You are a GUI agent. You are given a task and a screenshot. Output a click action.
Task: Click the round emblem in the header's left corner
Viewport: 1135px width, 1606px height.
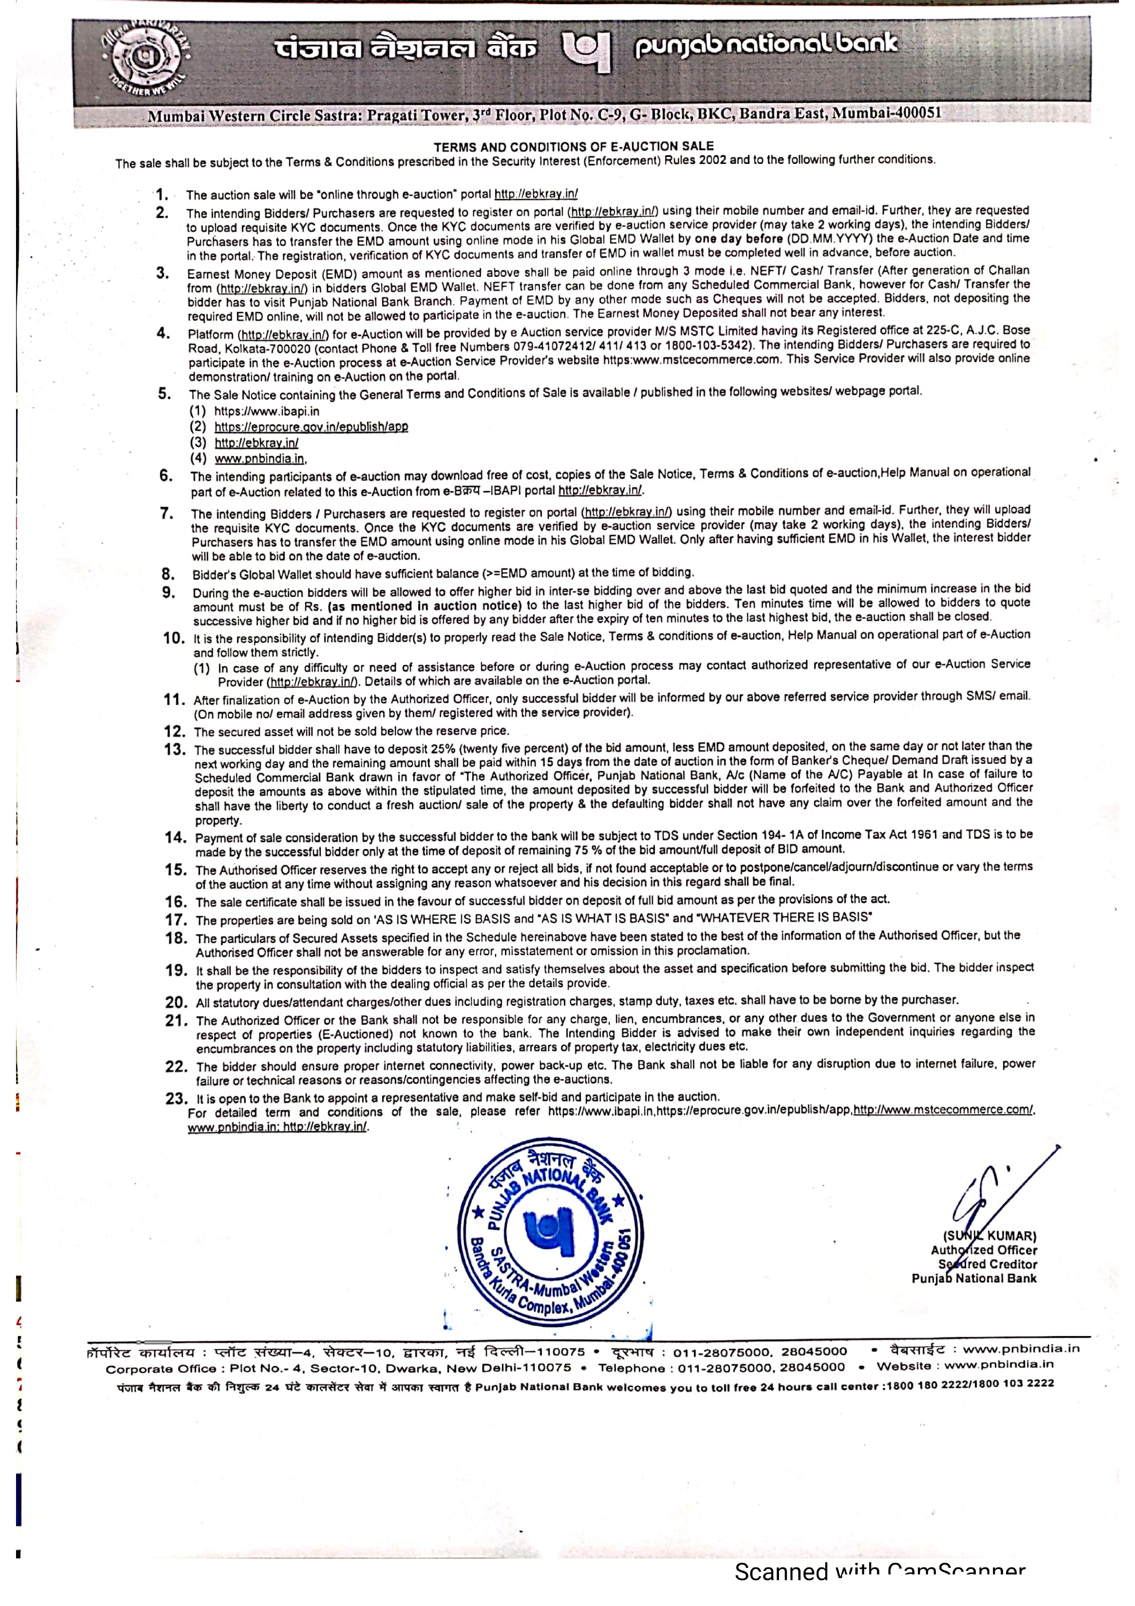(x=145, y=60)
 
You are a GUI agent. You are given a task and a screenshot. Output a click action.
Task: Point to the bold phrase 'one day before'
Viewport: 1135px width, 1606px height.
(x=739, y=238)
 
